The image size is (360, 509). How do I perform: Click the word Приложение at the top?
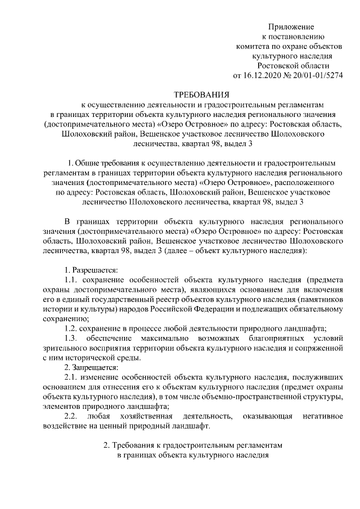point(291,27)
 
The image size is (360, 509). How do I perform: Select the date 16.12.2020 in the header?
point(262,75)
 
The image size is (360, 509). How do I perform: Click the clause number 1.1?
point(71,280)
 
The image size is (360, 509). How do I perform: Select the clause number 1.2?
point(71,328)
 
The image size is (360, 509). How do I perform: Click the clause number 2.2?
point(71,416)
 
